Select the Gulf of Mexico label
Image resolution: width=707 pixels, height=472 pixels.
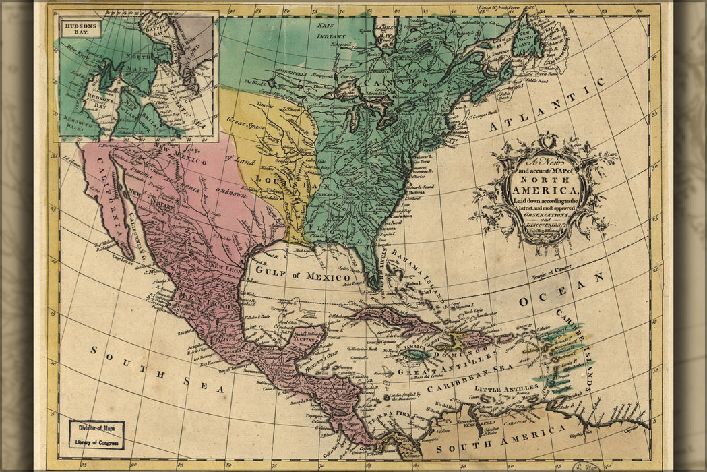[x=302, y=275]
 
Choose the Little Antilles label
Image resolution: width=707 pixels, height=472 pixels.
[x=502, y=390]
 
